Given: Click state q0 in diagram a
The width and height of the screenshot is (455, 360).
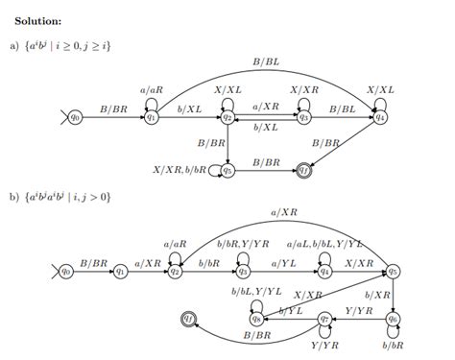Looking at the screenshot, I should pos(78,116).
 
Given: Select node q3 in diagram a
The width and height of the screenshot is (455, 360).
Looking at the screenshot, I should pos(303,116).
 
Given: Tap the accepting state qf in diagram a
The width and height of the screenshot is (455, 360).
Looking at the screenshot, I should pos(303,170).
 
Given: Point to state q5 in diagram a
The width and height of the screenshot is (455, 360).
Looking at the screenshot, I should pos(227,170).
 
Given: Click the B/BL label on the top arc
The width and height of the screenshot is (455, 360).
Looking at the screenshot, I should pos(266,61).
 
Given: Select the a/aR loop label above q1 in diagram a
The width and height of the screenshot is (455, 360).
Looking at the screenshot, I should pos(152,89).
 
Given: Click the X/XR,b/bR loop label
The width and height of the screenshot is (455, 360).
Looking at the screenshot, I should pos(180,170).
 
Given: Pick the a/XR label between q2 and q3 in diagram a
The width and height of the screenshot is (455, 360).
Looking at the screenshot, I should pos(266,107).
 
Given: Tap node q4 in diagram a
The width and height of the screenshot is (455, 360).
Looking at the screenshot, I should pos(380,116).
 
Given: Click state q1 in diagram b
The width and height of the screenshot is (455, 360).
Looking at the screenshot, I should pos(120,272).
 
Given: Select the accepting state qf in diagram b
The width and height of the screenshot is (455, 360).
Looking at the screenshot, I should pos(189,317).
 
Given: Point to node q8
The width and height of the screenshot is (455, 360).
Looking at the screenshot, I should pos(256,317).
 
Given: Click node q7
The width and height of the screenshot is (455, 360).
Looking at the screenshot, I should pos(324,317).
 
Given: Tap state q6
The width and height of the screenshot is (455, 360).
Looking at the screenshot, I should pos(393,317).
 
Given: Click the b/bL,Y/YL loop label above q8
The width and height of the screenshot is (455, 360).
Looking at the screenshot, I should pos(256,290).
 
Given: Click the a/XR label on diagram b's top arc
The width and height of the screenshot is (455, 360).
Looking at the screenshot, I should pos(284,212).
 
